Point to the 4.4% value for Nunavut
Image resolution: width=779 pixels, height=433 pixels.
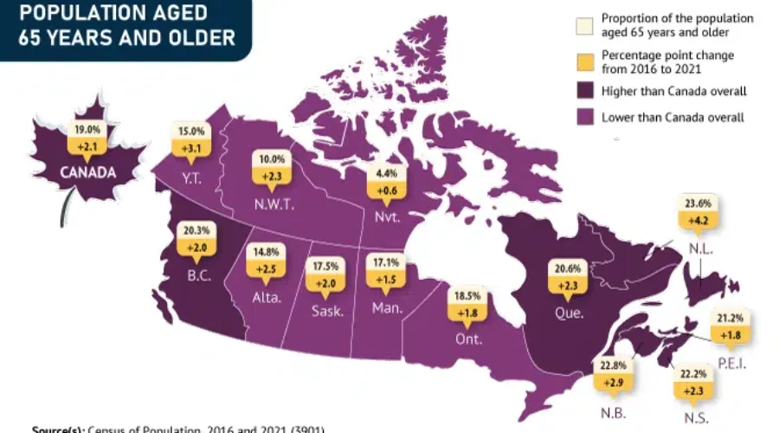382,172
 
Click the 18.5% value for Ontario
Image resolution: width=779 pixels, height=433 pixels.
467,296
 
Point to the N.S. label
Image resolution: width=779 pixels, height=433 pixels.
695,418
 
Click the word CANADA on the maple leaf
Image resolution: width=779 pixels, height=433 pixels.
87,171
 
